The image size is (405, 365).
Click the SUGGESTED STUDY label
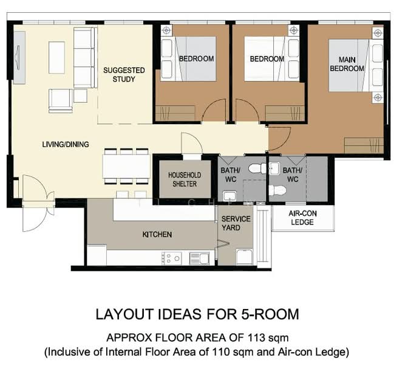pos(124,75)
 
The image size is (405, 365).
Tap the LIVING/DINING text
pos(66,144)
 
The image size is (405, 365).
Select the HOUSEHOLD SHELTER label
pos(185,179)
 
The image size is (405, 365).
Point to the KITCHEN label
pos(157,234)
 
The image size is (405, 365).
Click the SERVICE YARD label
pos(236,223)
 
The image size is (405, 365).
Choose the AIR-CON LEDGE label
pos(302,218)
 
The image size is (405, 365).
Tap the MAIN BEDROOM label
pos(347,64)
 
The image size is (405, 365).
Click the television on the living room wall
pos(19,57)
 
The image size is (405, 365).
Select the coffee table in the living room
pos(56,57)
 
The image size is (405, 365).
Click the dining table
pos(126,166)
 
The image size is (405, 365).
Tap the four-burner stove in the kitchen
pos(171,258)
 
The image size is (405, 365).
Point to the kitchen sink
pos(199,259)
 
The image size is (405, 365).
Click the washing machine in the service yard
pos(244,257)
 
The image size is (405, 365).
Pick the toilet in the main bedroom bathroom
pos(277,190)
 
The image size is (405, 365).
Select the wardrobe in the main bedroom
pos(364,145)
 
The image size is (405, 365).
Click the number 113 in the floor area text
pos(256,338)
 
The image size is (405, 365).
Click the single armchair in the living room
pos(61,101)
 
